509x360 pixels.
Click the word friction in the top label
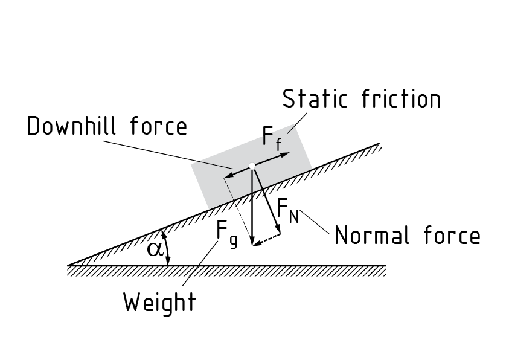402,98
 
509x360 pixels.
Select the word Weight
160,302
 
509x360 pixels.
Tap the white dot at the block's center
252,166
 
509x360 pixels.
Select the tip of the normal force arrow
278,233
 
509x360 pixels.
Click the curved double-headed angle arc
167,248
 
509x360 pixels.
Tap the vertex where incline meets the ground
68,265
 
